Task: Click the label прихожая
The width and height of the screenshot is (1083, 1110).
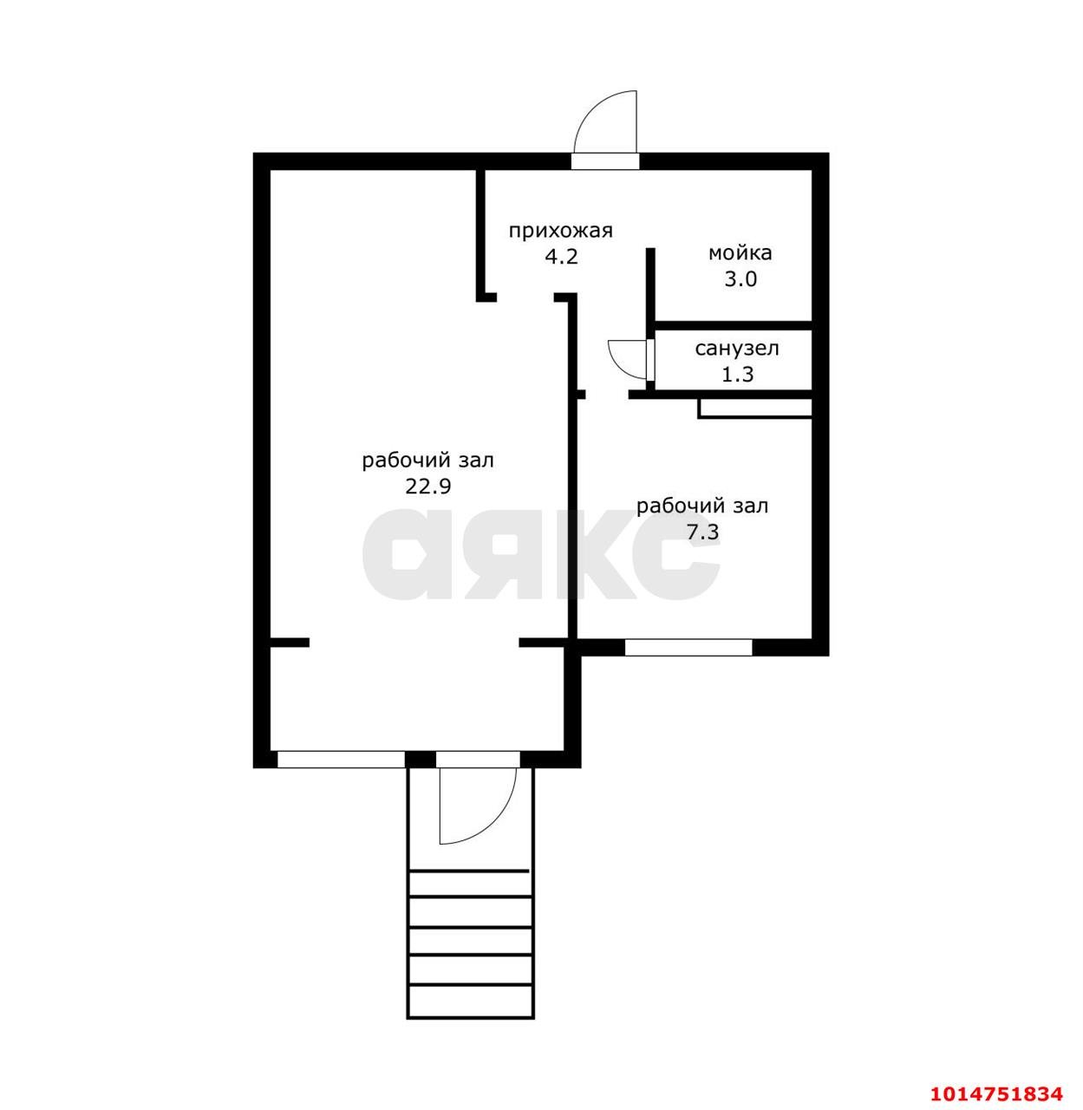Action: pyautogui.click(x=561, y=232)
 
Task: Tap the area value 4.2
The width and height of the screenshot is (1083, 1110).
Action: pyautogui.click(x=561, y=258)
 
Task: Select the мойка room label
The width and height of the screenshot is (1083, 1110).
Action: pyautogui.click(x=740, y=253)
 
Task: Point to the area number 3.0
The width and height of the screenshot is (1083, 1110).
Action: pyautogui.click(x=740, y=279)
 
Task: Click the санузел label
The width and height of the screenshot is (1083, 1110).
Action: pyautogui.click(x=737, y=349)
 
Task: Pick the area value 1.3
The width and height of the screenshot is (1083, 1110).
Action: pyautogui.click(x=738, y=375)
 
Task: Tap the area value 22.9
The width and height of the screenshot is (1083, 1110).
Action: pyautogui.click(x=427, y=486)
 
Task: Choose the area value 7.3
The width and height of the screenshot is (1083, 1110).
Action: pyautogui.click(x=702, y=532)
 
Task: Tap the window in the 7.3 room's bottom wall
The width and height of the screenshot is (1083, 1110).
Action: pyautogui.click(x=688, y=648)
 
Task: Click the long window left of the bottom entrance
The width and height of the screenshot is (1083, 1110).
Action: pyautogui.click(x=341, y=760)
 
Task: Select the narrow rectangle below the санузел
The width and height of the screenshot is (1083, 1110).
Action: pyautogui.click(x=754, y=408)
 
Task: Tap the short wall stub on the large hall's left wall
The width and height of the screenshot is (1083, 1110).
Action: pyautogui.click(x=290, y=643)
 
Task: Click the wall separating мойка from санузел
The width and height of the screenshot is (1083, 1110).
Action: pyautogui.click(x=733, y=326)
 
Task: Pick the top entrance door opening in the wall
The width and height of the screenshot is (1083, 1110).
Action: pyautogui.click(x=605, y=161)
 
